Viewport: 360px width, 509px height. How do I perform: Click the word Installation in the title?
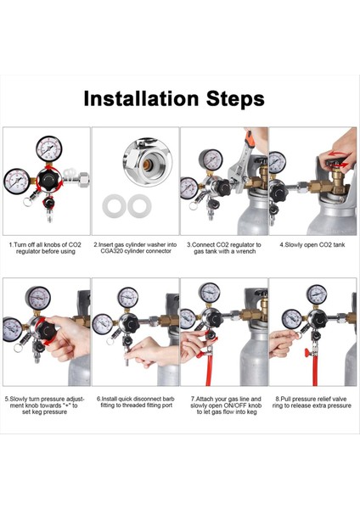[x=141, y=98]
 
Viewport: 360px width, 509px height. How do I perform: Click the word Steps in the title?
[x=235, y=99]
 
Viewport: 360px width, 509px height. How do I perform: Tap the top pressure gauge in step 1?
[x=49, y=149]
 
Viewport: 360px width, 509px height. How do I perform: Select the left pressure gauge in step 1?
[x=17, y=182]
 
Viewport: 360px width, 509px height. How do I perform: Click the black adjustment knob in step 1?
[x=49, y=178]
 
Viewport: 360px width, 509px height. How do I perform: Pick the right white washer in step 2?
[x=139, y=206]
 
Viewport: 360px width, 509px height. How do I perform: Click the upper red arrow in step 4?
[x=335, y=153]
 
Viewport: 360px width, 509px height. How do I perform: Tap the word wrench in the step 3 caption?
[x=245, y=251]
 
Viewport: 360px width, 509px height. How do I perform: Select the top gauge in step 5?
[x=38, y=298]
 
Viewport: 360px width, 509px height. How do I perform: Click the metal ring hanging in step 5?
[x=18, y=349]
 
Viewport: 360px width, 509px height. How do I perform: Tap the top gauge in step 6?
[x=128, y=297]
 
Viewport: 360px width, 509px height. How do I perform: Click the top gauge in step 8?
[x=317, y=294]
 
